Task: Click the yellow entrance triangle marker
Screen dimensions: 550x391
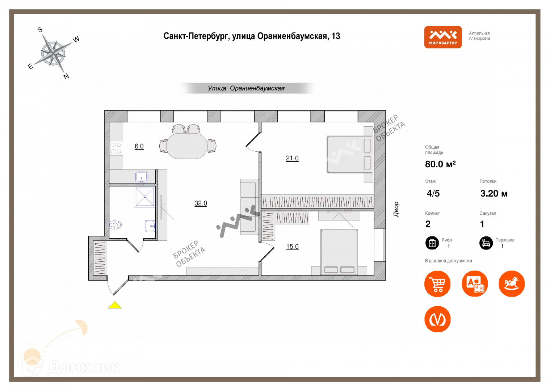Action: click(x=115, y=305)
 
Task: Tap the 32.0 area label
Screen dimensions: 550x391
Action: click(x=201, y=203)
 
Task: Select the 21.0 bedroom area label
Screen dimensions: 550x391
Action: click(x=292, y=158)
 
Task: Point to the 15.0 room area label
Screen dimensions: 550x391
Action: click(x=292, y=247)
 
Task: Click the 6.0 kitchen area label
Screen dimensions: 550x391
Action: click(x=139, y=146)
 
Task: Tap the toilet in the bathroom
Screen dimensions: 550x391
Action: click(x=116, y=225)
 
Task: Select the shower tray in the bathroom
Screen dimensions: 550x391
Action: click(x=144, y=197)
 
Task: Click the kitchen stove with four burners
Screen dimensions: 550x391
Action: click(x=116, y=148)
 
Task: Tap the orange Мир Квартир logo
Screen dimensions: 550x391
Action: click(x=443, y=37)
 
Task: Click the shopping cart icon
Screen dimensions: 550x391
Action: click(x=437, y=284)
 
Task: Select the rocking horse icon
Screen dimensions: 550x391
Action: click(x=511, y=284)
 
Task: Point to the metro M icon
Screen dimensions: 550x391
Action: click(x=437, y=319)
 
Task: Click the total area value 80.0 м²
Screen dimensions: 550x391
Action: click(x=440, y=164)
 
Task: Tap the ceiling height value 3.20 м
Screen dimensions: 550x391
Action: click(x=494, y=194)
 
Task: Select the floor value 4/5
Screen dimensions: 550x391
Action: click(x=433, y=194)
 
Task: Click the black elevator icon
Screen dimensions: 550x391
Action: click(x=432, y=243)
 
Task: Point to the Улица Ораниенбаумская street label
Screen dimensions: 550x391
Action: click(x=246, y=88)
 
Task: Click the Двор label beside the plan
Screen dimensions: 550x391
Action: click(x=396, y=210)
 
